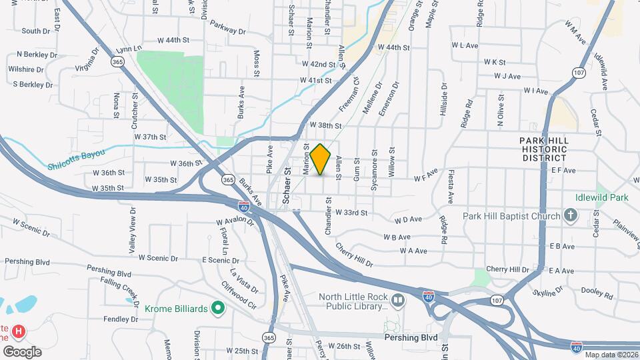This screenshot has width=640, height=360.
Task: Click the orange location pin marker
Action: (x=321, y=159)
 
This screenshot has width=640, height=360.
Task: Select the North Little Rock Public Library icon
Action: (x=398, y=301)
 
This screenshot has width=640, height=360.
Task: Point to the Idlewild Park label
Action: (x=602, y=197)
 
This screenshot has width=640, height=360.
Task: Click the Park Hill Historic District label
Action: (x=545, y=149)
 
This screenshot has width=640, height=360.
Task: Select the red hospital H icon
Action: (x=19, y=331)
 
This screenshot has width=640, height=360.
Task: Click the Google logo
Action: (x=22, y=351)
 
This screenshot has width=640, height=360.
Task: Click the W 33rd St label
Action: (x=351, y=213)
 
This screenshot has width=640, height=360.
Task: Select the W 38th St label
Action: (x=325, y=125)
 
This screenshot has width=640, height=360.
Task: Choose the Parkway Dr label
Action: (x=228, y=27)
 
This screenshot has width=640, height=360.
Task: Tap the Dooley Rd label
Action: (x=597, y=292)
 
